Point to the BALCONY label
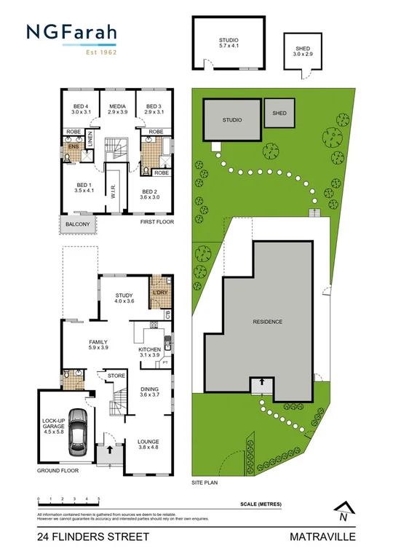pyautogui.click(x=77, y=224)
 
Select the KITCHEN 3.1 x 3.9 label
pyautogui.click(x=149, y=352)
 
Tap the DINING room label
pyautogui.click(x=149, y=392)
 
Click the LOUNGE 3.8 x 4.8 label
pyautogui.click(x=148, y=445)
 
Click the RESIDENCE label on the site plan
pyautogui.click(x=267, y=321)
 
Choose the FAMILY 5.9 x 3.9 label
pyautogui.click(x=98, y=345)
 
